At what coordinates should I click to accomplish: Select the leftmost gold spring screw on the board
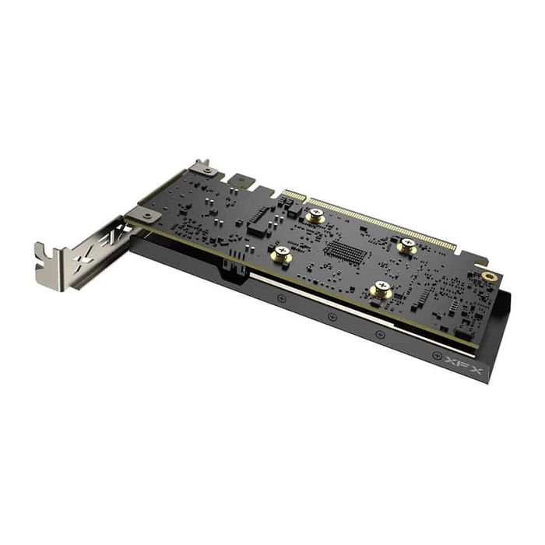281,253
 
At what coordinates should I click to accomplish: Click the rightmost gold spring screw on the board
406,246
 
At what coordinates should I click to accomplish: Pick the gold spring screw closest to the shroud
381,290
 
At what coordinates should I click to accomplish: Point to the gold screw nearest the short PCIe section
315,215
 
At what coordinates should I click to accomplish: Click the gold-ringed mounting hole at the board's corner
489,276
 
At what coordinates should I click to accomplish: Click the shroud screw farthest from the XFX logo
281,297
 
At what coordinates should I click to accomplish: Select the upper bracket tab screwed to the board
202,170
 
